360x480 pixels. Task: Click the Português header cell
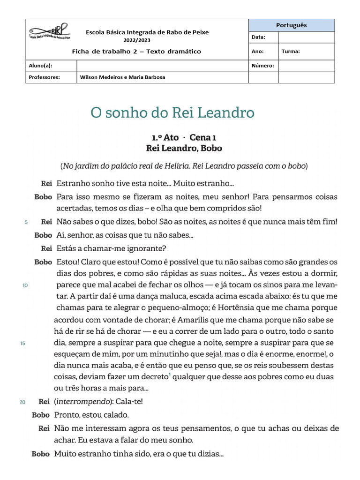pyautogui.click(x=292, y=25)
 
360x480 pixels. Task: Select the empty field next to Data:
pyautogui.click(x=306, y=37)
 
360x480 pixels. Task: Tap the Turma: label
pyautogui.click(x=291, y=52)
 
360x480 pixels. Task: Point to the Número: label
pyautogui.click(x=262, y=66)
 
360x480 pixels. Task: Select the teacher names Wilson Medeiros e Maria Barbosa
pyautogui.click(x=122, y=77)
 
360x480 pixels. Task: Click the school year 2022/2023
pyautogui.click(x=147, y=40)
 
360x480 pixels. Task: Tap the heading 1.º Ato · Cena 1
pyautogui.click(x=184, y=137)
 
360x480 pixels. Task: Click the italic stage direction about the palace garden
pyautogui.click(x=184, y=166)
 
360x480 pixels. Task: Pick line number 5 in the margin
pyautogui.click(x=26, y=222)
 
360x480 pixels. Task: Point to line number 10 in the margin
pyautogui.click(x=25, y=285)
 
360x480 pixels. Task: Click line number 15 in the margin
pyautogui.click(x=22, y=344)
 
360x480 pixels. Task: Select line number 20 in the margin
pyautogui.click(x=22, y=402)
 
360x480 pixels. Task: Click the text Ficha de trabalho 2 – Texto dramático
pyautogui.click(x=136, y=52)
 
